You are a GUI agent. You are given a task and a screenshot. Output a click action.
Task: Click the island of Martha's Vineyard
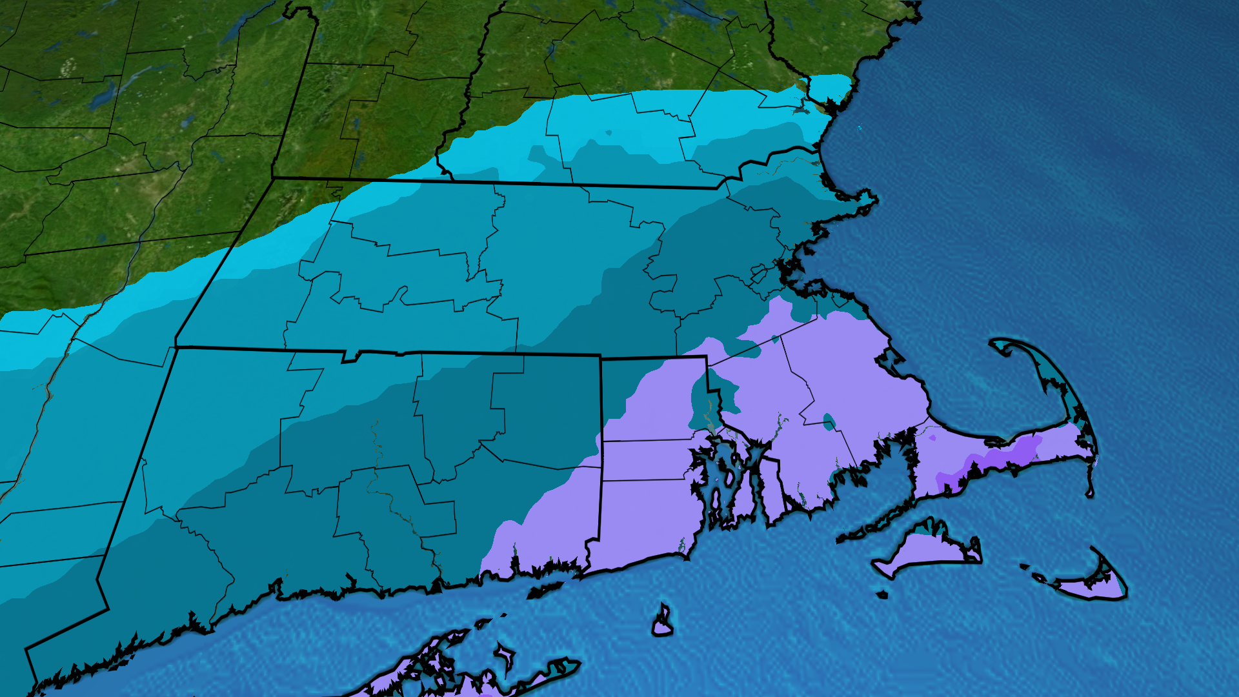tap(923, 549)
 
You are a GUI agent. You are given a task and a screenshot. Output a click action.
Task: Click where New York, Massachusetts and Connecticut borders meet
tap(176, 347)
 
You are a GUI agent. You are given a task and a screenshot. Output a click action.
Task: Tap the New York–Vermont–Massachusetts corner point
tap(272, 177)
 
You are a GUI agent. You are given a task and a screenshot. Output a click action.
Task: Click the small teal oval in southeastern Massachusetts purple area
tap(829, 423)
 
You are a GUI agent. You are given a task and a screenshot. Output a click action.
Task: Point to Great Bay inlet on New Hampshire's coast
tap(800, 110)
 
